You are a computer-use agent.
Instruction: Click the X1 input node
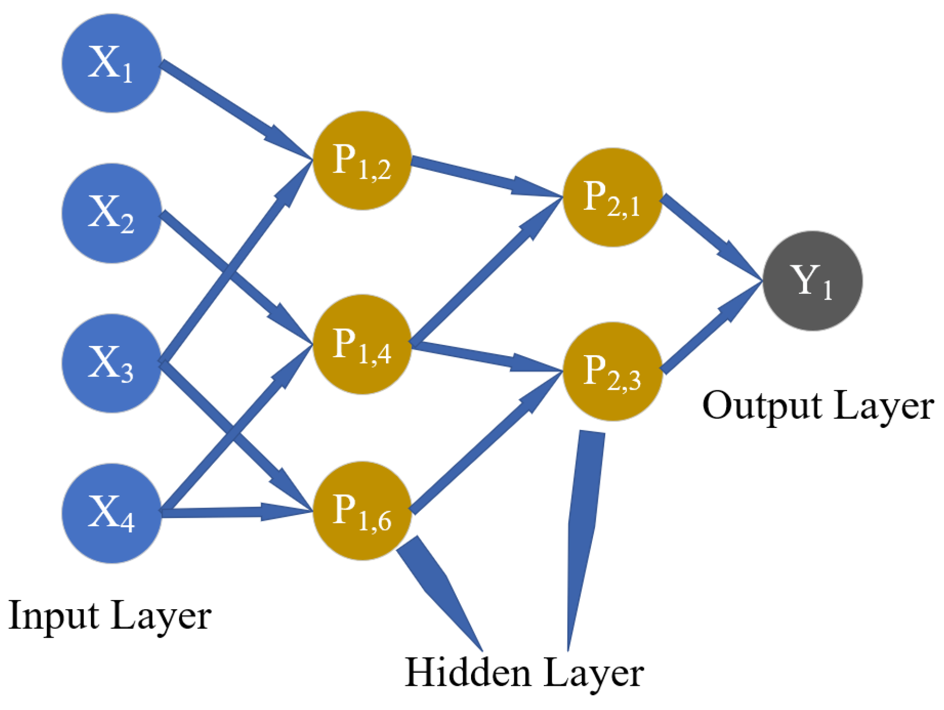112,63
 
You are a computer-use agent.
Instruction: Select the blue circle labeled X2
112,213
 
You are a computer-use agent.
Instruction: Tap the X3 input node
112,363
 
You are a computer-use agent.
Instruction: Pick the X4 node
112,513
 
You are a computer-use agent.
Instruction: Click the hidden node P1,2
362,160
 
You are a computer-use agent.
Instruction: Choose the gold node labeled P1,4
362,344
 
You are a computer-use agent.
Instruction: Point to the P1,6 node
362,511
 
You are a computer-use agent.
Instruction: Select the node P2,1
612,197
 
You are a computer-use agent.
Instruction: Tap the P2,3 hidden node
612,371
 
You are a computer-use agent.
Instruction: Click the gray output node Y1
812,281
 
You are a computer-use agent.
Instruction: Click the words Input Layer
110,616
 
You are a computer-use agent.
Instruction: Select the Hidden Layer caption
524,673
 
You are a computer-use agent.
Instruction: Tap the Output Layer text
818,406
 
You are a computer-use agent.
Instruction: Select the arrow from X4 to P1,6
231,512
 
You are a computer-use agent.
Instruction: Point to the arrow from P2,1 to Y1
708,236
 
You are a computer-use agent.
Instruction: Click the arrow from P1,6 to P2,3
482,445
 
